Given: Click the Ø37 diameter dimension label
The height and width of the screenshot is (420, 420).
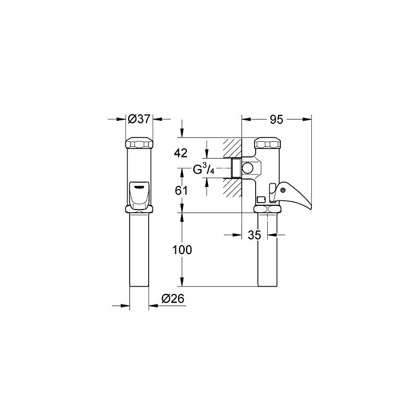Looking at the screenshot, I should [140, 120].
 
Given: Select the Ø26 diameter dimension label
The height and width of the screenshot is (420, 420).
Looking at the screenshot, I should [173, 298].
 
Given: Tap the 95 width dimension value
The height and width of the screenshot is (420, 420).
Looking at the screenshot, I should [276, 120].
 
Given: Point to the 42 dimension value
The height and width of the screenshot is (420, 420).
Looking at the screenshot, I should [181, 153].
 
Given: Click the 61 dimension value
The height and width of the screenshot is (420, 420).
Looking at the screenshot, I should [181, 191].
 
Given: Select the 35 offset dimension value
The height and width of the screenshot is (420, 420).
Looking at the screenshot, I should [255, 236].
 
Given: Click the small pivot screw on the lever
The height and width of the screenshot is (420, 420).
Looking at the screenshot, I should [283, 197].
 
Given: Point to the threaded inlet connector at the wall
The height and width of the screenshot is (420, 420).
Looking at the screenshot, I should [236, 168].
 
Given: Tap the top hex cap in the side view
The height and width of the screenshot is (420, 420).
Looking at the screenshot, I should [268, 143].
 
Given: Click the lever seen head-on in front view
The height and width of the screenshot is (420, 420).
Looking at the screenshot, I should [140, 193].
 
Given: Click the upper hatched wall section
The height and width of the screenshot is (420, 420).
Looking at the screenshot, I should [232, 148].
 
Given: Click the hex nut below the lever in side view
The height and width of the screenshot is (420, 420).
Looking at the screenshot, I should [268, 209].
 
